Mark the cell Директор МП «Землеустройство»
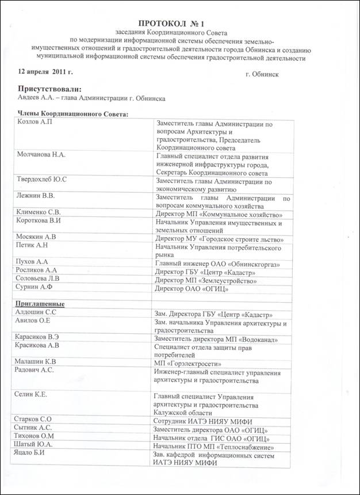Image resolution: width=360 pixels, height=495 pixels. tap(206, 281)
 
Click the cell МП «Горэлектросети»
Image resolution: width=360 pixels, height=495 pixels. tap(187, 363)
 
